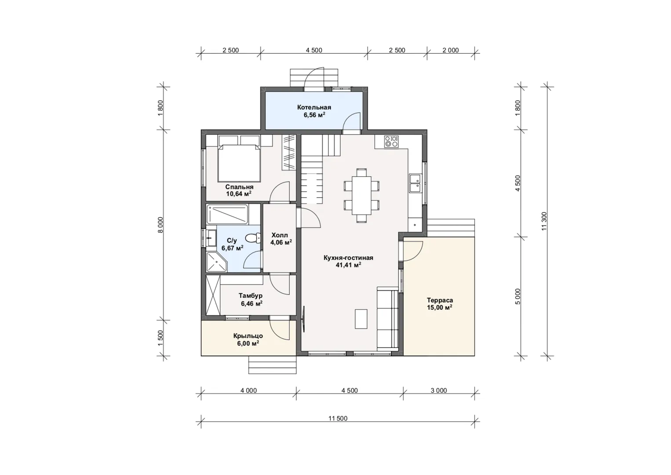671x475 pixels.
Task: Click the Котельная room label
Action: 314,107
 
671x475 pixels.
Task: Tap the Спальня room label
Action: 239,187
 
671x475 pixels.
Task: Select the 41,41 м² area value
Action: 348,265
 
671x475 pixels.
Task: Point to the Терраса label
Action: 440,300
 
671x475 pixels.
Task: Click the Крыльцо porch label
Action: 248,336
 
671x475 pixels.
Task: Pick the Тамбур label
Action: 251,296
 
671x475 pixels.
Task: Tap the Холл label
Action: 280,235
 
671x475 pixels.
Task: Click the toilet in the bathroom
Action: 253,238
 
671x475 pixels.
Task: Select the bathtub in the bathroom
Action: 227,214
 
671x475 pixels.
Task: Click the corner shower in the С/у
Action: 217,262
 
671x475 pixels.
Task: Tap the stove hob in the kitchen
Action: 391,142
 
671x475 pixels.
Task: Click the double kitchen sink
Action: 415,183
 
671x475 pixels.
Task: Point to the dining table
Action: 361,195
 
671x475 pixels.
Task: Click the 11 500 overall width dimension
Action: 338,418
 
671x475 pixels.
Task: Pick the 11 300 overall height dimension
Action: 544,221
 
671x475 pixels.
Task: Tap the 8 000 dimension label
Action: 160,225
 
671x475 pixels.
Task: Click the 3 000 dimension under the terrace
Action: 439,391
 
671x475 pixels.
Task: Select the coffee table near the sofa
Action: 361,319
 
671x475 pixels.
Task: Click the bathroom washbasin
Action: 211,238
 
